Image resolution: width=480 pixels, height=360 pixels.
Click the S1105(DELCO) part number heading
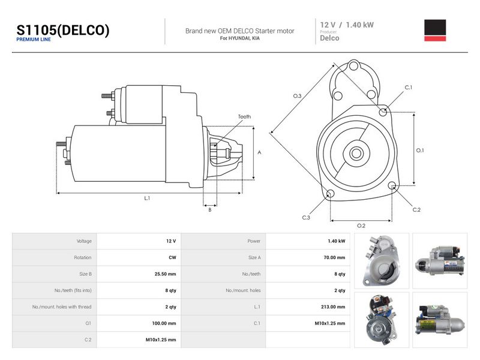click(x=63, y=30)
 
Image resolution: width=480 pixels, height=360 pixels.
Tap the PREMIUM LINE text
click(x=34, y=40)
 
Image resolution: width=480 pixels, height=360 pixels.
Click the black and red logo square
click(x=435, y=31)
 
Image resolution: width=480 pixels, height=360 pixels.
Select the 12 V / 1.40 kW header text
click(x=347, y=25)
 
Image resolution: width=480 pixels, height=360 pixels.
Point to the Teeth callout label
click(x=244, y=116)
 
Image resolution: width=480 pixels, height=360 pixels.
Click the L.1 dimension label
click(x=147, y=199)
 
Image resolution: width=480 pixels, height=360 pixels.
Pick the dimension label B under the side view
click(x=209, y=210)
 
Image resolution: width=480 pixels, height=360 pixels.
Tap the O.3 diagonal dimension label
click(x=297, y=96)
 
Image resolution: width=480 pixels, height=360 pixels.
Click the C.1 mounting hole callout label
click(x=409, y=88)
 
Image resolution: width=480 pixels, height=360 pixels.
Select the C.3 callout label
click(x=306, y=218)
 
